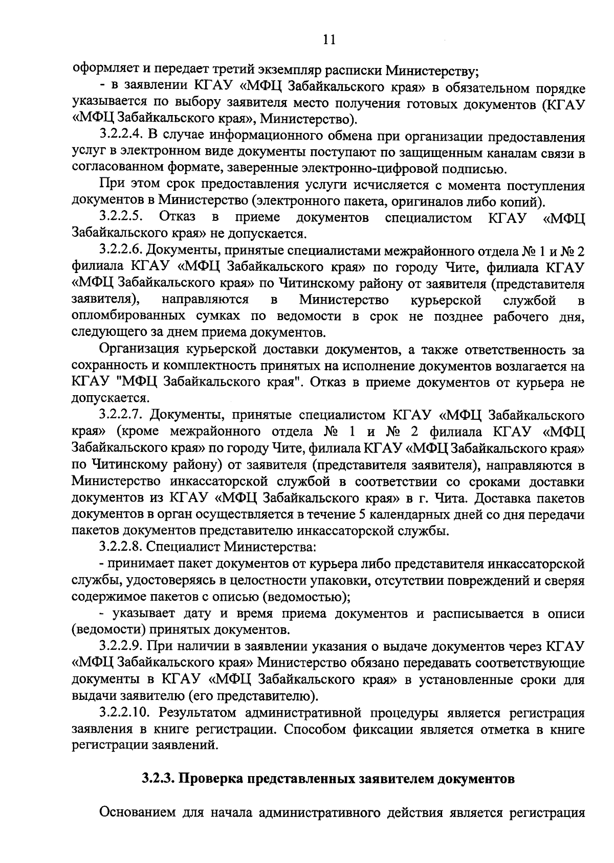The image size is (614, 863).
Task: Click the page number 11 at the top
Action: click(x=329, y=40)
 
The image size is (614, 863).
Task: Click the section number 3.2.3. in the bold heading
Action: click(x=159, y=779)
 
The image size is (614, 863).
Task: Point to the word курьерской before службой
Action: click(x=445, y=299)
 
